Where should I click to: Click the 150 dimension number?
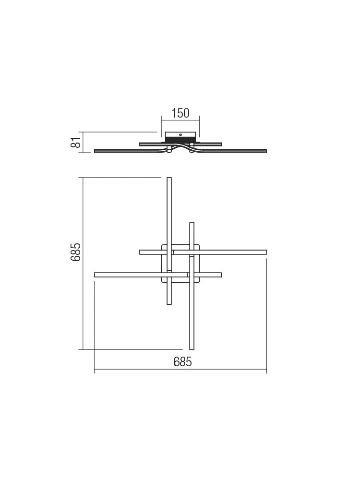[x=180, y=114]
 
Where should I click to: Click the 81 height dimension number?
[x=74, y=143]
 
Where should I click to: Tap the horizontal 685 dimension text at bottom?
[x=182, y=362]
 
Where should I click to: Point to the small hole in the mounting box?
[x=180, y=135]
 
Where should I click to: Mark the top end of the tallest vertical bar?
[x=169, y=179]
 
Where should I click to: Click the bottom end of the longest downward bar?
[x=192, y=348]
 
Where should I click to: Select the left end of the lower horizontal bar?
[x=96, y=275]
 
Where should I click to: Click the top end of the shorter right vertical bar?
[x=192, y=224]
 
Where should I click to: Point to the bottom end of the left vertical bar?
[x=169, y=303]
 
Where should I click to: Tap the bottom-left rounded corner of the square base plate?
[x=163, y=280]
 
